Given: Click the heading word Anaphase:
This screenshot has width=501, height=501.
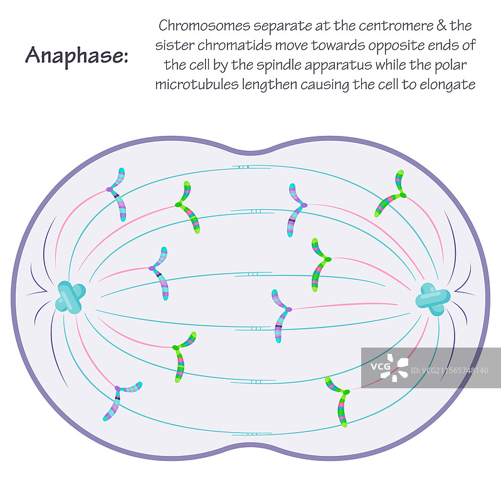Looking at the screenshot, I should pos(76,55).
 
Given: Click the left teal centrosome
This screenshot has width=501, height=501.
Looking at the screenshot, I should pos(70,297).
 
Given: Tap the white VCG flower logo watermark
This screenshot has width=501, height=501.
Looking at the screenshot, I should pos(396,366).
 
